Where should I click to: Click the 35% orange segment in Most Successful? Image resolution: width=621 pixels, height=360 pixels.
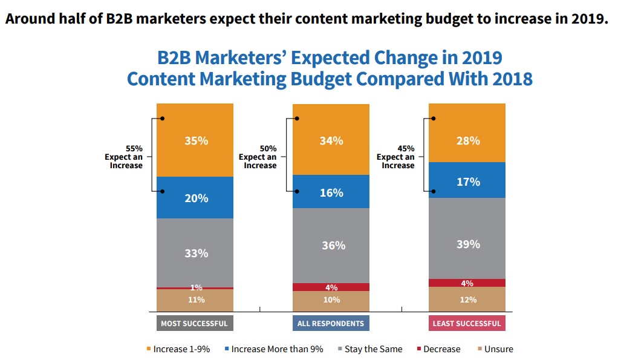point(195,140)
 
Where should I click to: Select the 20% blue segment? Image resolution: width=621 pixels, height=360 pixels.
point(195,198)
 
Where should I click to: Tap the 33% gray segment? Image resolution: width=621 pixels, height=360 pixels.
point(195,253)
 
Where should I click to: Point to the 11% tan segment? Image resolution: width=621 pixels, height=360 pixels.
point(195,300)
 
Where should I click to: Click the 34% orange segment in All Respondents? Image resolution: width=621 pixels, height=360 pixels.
point(331,140)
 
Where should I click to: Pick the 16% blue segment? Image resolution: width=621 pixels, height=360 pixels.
point(331,192)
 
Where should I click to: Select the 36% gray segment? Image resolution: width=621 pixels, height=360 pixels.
point(331,246)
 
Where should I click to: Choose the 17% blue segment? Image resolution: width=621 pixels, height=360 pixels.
point(467,180)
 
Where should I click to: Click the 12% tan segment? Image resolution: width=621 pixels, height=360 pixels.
point(467,299)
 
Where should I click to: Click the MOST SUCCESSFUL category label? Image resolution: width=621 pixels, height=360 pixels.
point(194,323)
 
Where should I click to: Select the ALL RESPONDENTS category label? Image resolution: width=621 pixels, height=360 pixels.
point(331,323)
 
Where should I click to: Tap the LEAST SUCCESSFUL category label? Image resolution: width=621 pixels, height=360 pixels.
point(467,323)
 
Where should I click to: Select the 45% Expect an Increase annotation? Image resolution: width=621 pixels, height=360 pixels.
point(398,157)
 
